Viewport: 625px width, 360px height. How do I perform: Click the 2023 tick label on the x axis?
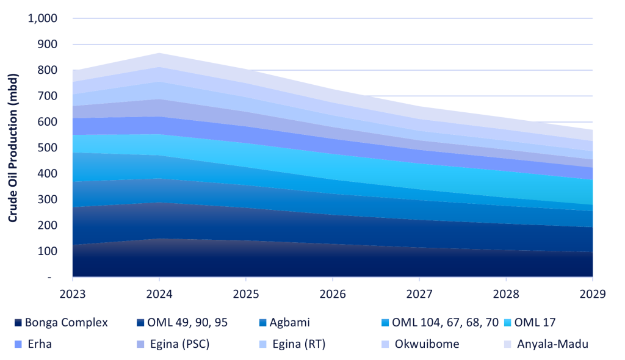pos(72,293)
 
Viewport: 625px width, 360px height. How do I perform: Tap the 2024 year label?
pos(159,293)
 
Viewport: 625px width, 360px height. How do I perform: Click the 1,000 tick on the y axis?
pos(43,18)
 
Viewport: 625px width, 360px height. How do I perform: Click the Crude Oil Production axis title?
pos(13,148)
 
